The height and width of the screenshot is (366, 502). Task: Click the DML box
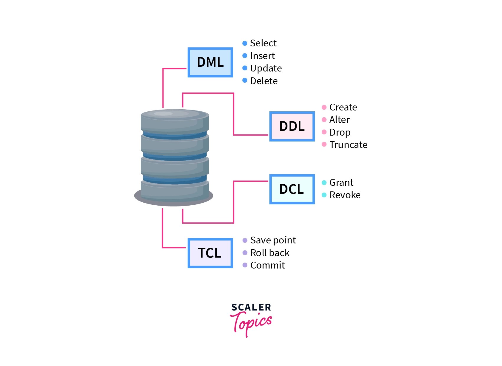(210, 62)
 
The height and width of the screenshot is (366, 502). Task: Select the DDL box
(292, 126)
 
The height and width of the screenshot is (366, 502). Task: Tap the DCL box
(292, 189)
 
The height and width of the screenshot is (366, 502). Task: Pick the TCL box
(210, 253)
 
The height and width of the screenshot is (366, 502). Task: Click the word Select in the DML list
(263, 43)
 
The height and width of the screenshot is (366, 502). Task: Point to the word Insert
(262, 56)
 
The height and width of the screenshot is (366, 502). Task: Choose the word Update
(266, 68)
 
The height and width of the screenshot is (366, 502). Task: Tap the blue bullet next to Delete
(245, 80)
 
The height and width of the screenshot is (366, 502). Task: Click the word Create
(343, 107)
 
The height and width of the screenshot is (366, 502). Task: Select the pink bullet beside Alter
(324, 120)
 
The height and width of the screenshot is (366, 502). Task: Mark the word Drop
(340, 132)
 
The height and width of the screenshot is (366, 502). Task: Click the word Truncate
(348, 145)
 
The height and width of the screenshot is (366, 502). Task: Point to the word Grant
(341, 183)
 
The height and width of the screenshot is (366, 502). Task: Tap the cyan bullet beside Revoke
(324, 195)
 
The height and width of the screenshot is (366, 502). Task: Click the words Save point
(273, 240)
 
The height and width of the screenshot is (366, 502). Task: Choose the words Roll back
(270, 253)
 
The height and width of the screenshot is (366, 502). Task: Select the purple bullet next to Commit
(245, 265)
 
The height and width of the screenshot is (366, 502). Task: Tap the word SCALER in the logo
(251, 308)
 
